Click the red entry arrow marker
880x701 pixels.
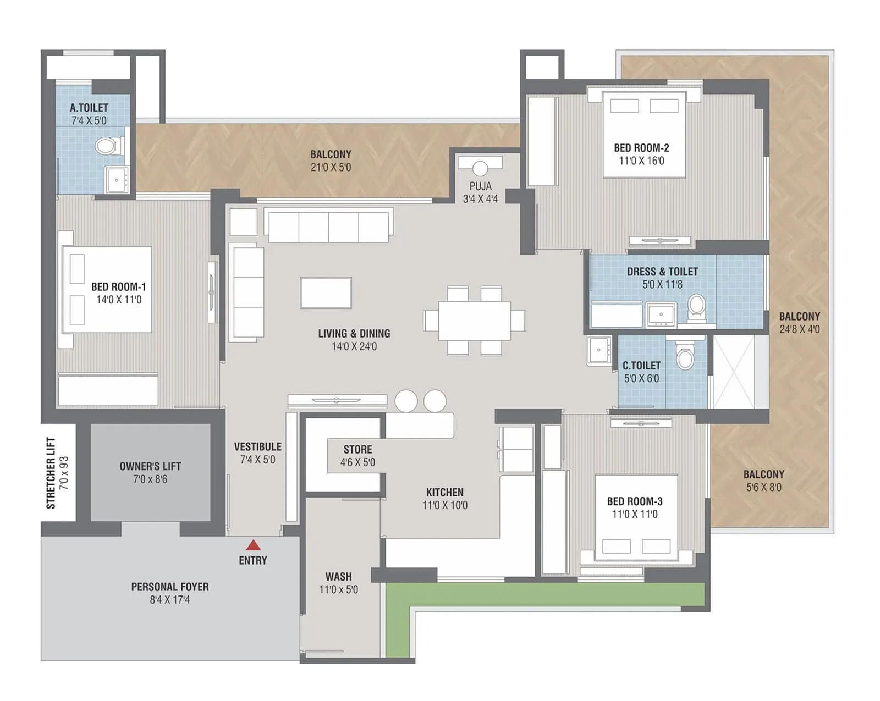click(x=253, y=545)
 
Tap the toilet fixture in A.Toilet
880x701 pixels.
click(x=106, y=146)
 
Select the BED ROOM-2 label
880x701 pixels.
click(x=641, y=148)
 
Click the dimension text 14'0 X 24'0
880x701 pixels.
click(x=354, y=346)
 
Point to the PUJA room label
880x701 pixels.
click(x=480, y=186)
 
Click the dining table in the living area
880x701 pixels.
click(x=474, y=321)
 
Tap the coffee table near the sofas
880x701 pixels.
click(x=326, y=292)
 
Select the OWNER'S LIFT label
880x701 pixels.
click(x=150, y=466)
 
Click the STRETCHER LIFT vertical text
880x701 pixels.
click(x=51, y=473)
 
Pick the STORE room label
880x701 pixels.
click(x=358, y=450)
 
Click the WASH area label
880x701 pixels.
click(x=338, y=577)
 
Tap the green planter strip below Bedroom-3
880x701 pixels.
click(x=544, y=595)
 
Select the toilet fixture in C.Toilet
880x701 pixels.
click(x=685, y=358)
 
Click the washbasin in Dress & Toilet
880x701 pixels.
click(x=661, y=314)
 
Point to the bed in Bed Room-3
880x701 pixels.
click(x=636, y=517)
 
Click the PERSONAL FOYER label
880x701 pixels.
click(x=170, y=587)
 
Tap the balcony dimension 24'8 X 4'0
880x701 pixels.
click(x=799, y=329)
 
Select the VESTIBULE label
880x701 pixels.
click(x=257, y=447)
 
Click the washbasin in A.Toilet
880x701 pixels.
click(x=117, y=179)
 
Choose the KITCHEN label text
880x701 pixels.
click(x=444, y=493)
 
